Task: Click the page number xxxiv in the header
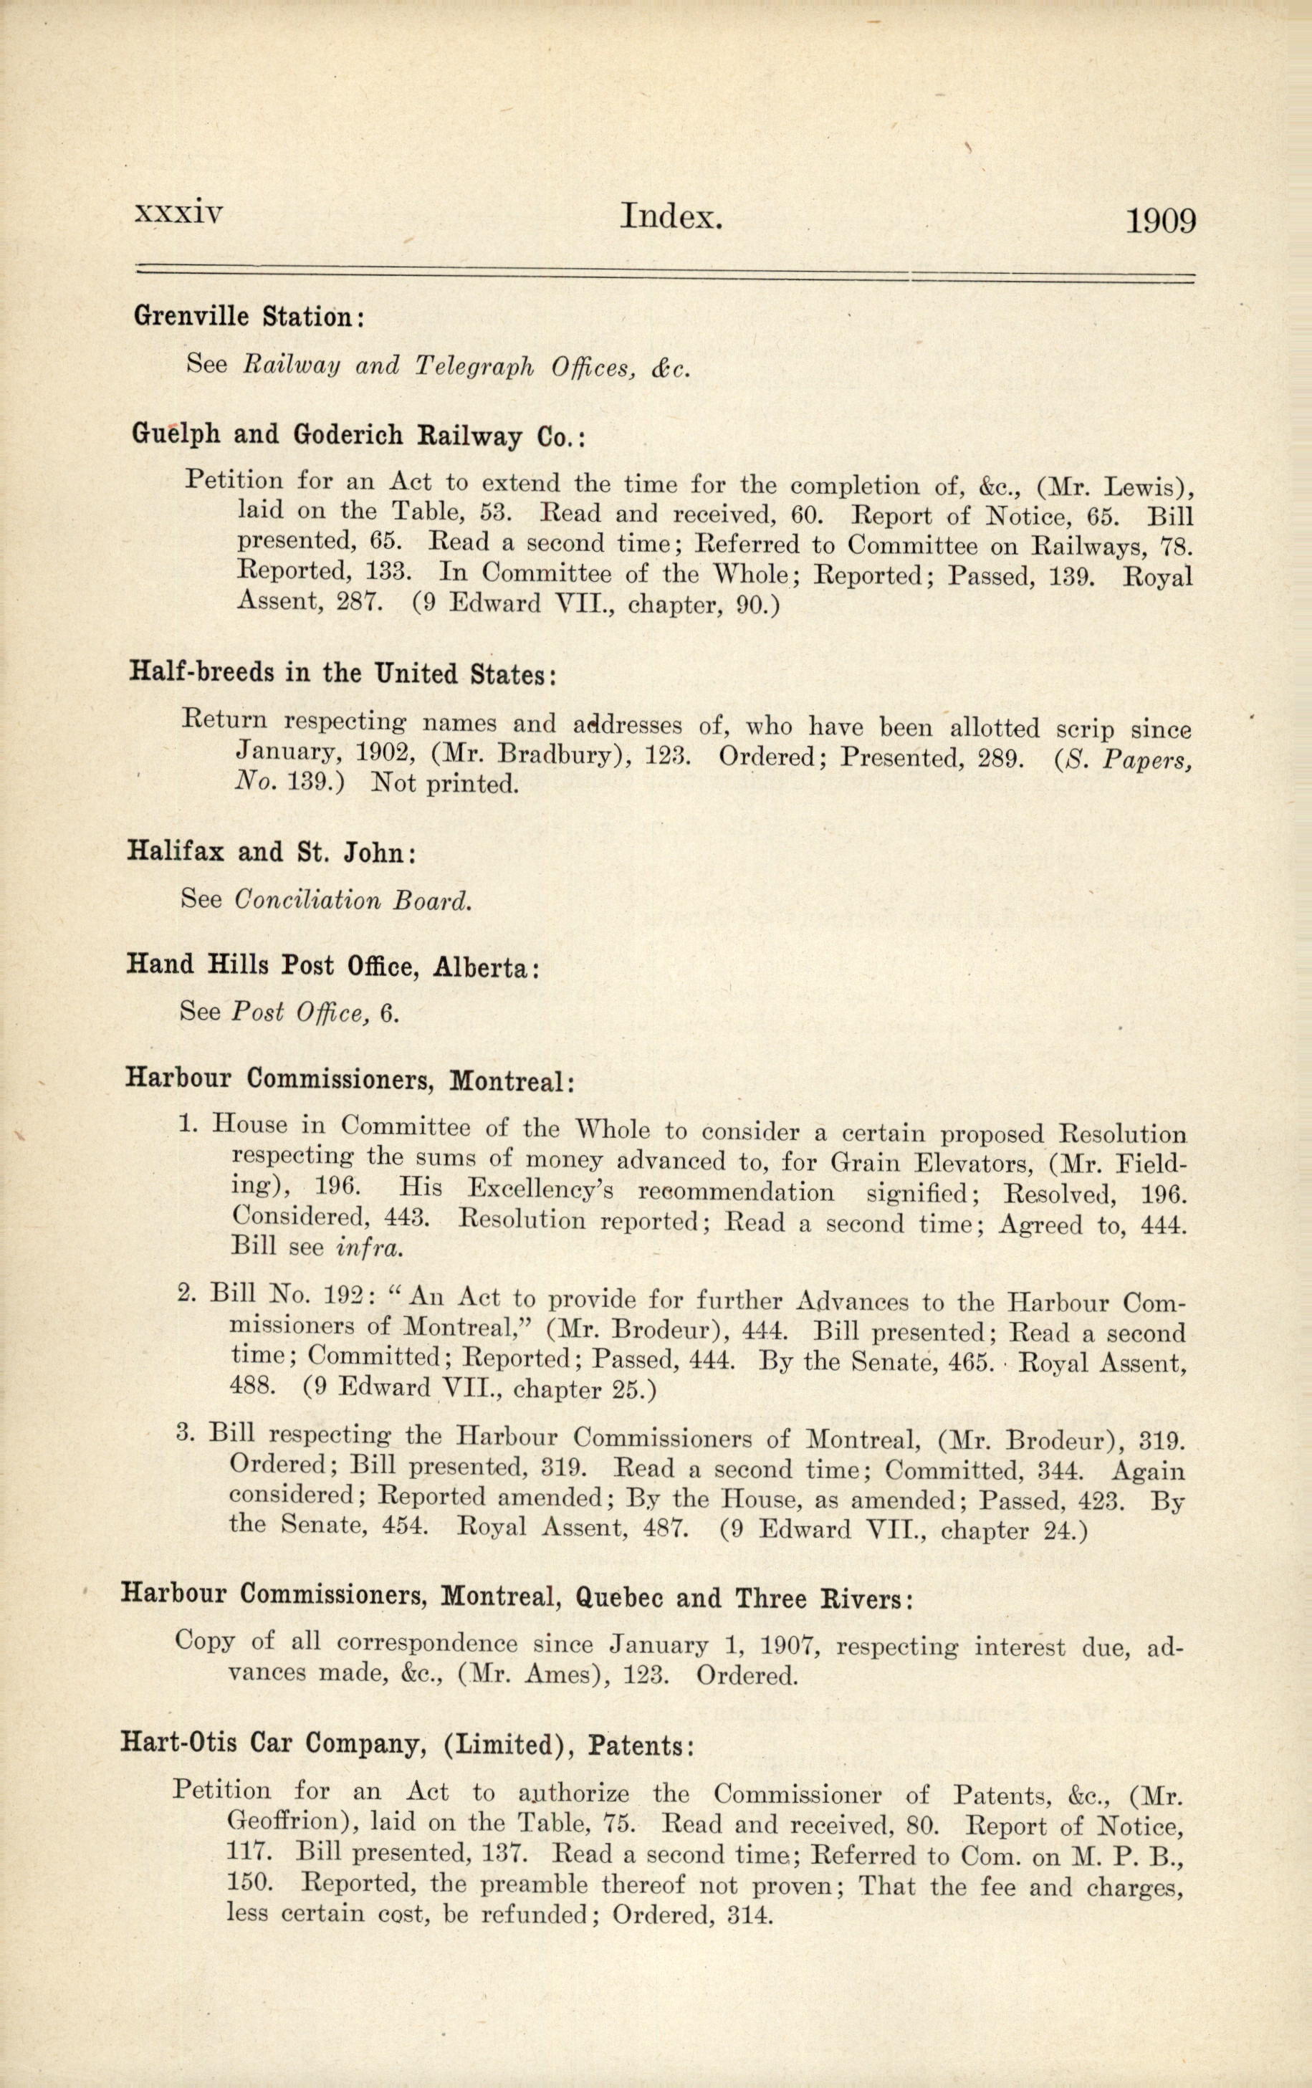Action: pyautogui.click(x=178, y=214)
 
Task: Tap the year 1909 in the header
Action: pyautogui.click(x=1160, y=221)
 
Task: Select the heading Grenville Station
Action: pyautogui.click(x=248, y=317)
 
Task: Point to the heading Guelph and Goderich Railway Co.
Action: pyautogui.click(x=359, y=434)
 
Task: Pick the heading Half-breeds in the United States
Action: pyautogui.click(x=343, y=673)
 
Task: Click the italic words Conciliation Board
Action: pyautogui.click(x=354, y=900)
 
